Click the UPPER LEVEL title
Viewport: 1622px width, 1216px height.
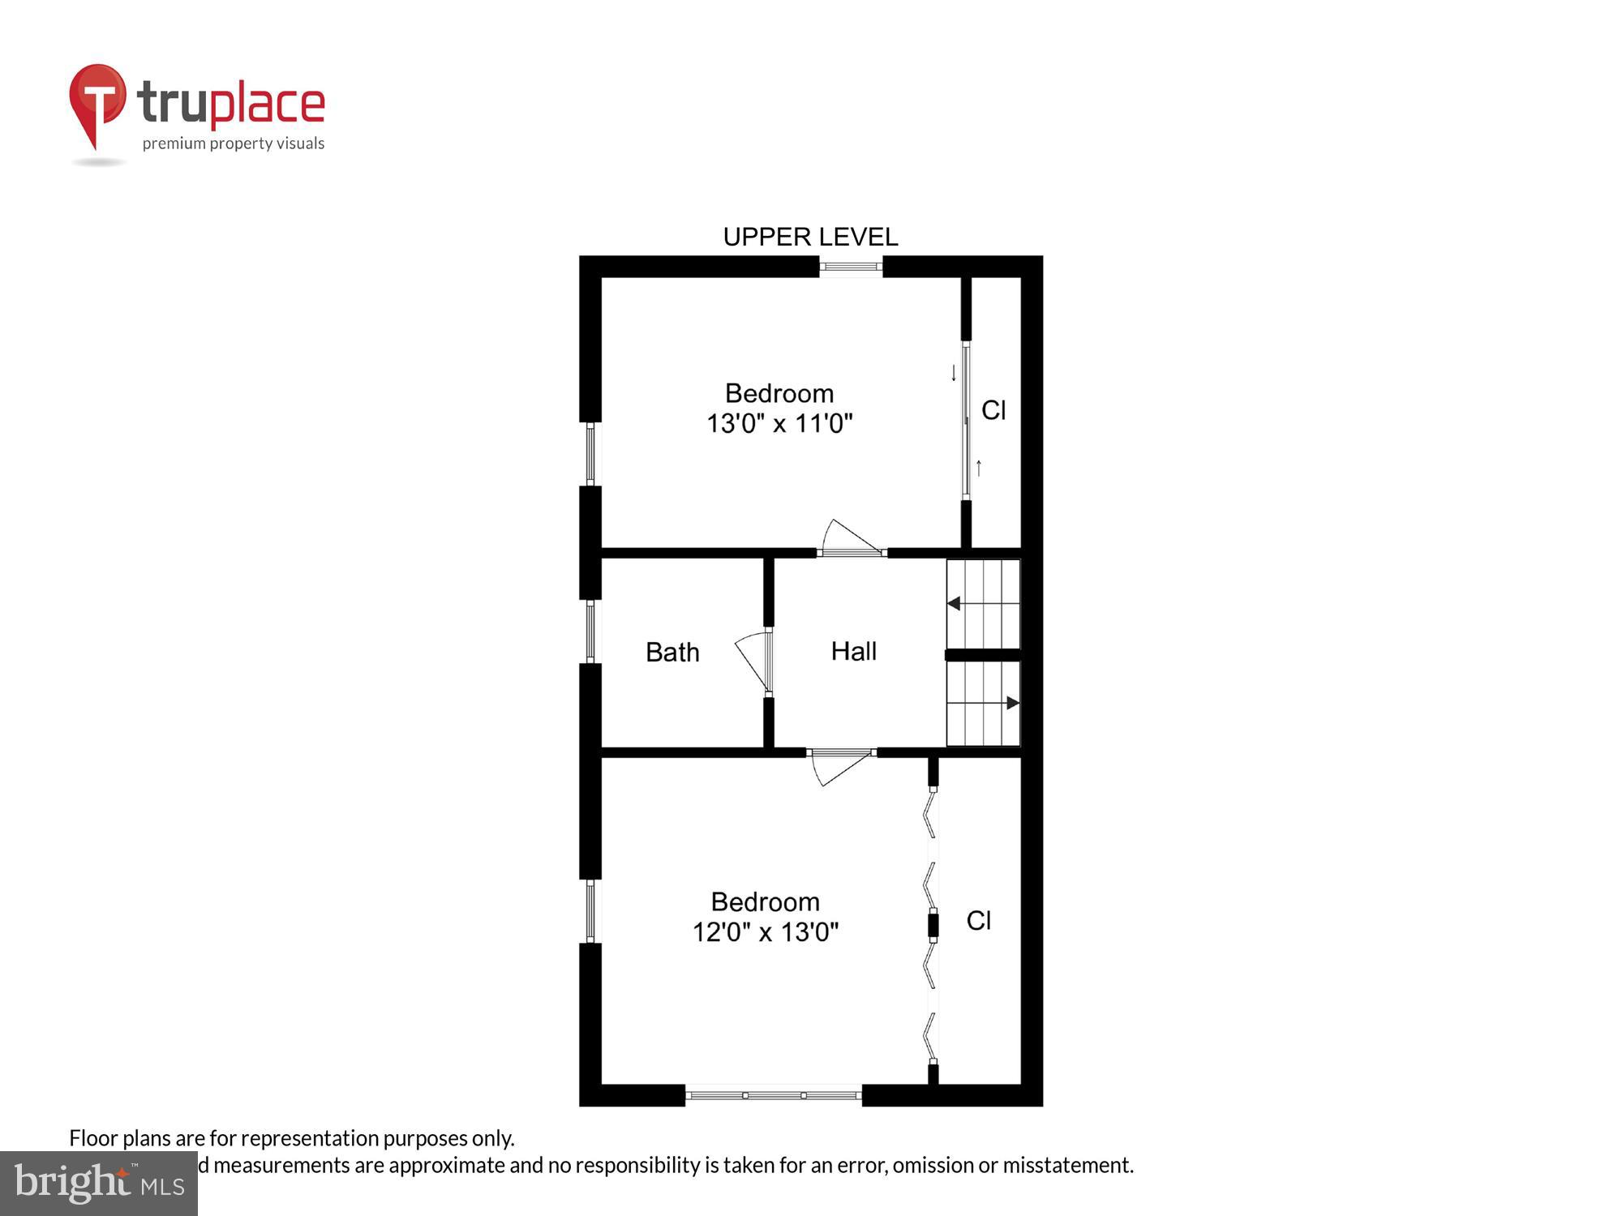(810, 237)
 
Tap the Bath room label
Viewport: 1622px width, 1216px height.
(672, 652)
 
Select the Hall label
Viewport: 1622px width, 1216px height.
(853, 651)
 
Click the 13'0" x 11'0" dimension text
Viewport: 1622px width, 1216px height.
(779, 423)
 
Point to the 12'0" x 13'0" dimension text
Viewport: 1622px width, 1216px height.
(765, 931)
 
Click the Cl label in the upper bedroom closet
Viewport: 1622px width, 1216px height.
(993, 410)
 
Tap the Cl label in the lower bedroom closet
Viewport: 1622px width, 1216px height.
(978, 920)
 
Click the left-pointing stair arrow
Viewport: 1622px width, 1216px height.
(955, 603)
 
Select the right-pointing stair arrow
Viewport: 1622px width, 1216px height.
(1012, 703)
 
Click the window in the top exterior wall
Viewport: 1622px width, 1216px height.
(851, 266)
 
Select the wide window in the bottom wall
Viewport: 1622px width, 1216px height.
(773, 1095)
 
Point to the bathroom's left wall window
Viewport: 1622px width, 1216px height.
(590, 632)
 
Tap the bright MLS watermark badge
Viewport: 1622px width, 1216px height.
(99, 1184)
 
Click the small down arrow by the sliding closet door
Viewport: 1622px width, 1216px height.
(954, 373)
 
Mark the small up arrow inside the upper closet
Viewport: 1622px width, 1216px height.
(979, 468)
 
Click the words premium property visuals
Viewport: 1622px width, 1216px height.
(234, 143)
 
